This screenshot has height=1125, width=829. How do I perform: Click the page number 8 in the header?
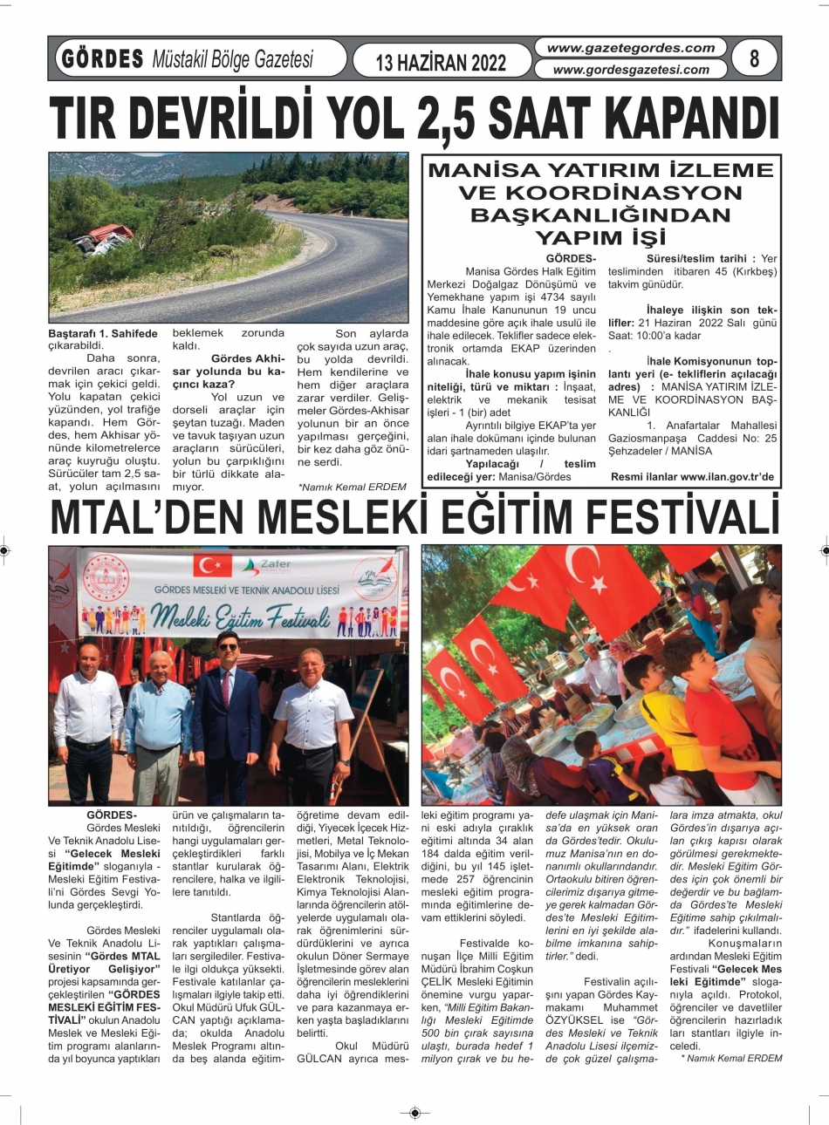point(754,58)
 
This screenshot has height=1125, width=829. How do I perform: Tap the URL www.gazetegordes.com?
point(631,49)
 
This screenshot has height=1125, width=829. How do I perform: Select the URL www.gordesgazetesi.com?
point(631,70)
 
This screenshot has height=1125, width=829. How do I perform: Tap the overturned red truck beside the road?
point(105,238)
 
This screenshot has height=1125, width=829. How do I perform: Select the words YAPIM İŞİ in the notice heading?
point(599,237)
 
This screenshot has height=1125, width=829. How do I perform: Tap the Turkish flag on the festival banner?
point(213,564)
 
